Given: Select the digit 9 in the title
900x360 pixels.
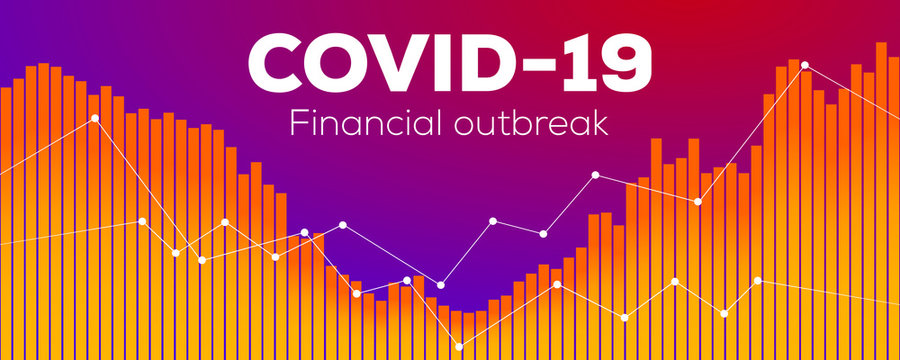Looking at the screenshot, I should click(x=624, y=63).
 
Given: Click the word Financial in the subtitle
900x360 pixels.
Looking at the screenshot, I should click(x=363, y=122).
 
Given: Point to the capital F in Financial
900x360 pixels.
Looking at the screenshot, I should click(x=296, y=122).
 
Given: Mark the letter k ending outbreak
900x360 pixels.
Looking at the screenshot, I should click(x=602, y=122).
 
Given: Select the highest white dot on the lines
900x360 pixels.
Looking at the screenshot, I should click(x=805, y=65).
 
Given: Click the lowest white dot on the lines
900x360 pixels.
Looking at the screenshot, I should click(x=459, y=347).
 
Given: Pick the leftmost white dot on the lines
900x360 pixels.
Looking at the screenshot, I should click(x=95, y=118).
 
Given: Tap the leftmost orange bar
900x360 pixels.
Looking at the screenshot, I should click(x=6, y=220).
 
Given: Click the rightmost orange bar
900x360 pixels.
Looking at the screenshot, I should click(x=894, y=200).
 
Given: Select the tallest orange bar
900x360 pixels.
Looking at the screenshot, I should click(x=881, y=195).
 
